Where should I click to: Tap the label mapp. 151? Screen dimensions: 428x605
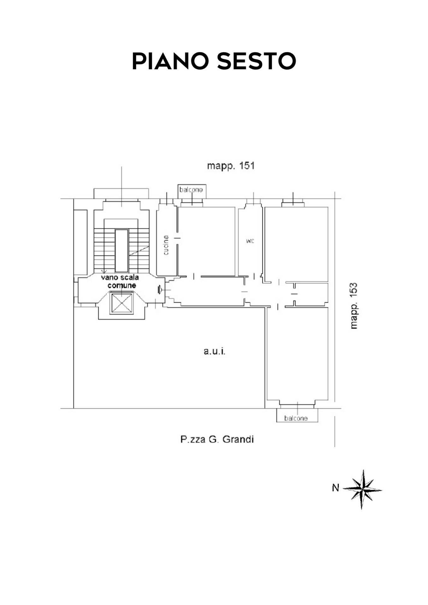[x=231, y=166]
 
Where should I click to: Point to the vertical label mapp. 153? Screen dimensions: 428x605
[x=354, y=306]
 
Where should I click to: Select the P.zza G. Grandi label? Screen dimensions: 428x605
[x=217, y=439]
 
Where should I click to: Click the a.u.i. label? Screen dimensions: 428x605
[x=214, y=351]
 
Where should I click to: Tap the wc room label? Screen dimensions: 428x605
[x=250, y=241]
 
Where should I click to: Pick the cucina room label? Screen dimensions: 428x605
[x=166, y=245]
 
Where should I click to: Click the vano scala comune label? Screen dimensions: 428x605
[x=120, y=281]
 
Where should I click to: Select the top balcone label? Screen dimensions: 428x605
[x=191, y=190]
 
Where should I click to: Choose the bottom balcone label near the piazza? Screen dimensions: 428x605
[x=296, y=418]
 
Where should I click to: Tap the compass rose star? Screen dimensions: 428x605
[x=362, y=489]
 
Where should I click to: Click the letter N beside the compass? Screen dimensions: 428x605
[x=335, y=488]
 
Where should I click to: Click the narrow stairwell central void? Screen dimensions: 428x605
[x=121, y=251]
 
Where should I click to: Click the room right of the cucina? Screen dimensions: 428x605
[x=207, y=241]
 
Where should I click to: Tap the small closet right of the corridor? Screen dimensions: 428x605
[x=311, y=294]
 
